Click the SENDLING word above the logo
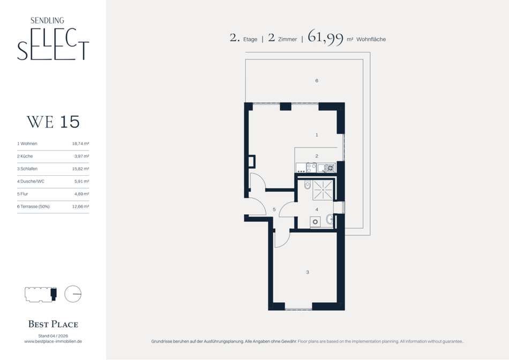(47, 20)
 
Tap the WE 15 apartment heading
(53, 122)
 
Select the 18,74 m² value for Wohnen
(80, 144)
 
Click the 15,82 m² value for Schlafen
(80, 169)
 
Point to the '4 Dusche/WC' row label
(31, 181)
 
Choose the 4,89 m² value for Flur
(81, 194)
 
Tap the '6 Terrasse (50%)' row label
(33, 206)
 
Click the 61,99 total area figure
(325, 37)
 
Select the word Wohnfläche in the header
(371, 39)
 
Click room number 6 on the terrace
(317, 80)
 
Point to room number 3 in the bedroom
(308, 272)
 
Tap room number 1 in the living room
(317, 134)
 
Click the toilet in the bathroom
(307, 185)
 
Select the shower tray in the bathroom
(323, 190)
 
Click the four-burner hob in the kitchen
(311, 168)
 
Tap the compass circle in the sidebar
(73, 294)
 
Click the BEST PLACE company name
(53, 324)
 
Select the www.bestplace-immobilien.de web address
(53, 341)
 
